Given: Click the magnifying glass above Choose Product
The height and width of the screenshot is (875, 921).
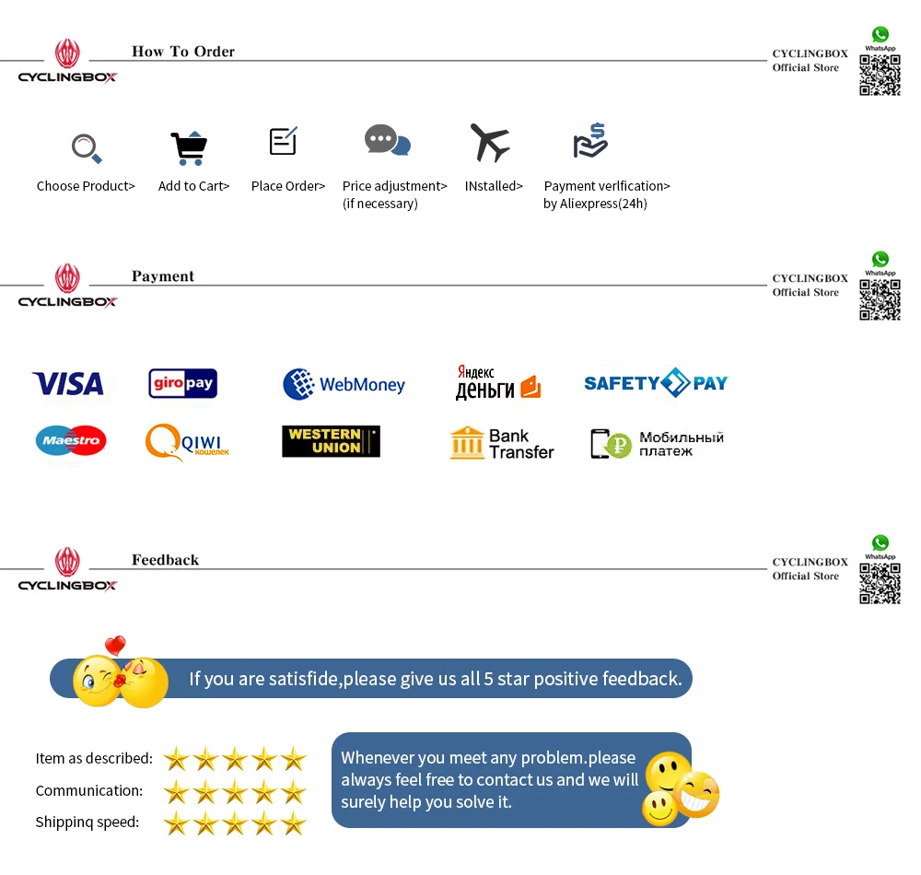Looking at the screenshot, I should (87, 147).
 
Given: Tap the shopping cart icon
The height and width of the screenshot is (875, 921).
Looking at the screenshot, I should (189, 147).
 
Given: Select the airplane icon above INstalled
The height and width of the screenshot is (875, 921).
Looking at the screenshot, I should (490, 143).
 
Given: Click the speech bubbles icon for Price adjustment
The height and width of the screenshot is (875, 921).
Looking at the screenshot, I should (387, 141).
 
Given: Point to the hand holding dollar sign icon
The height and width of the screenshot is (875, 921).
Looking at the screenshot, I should (590, 141).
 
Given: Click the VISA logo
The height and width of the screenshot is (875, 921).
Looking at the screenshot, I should (68, 383).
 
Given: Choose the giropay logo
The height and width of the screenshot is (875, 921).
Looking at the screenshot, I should (182, 383).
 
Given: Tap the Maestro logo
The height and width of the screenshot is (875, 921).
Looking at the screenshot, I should (71, 441).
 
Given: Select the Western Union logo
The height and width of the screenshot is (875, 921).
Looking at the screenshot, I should (331, 441).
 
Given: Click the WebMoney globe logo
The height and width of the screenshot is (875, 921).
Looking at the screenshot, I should (298, 384).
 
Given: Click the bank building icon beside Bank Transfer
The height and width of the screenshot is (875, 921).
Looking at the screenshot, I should (467, 443).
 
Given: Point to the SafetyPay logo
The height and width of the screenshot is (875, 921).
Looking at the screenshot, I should (656, 383).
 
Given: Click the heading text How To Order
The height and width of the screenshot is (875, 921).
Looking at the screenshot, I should (183, 52).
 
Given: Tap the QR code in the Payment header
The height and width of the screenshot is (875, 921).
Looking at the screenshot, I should (880, 299).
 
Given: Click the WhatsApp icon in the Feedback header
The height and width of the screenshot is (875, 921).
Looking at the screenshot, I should (880, 543).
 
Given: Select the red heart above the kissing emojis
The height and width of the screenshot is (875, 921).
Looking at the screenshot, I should (115, 646).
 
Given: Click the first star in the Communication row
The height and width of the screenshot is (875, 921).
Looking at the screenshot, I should (176, 791).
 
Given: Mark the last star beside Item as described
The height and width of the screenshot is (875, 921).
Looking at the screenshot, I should (293, 759).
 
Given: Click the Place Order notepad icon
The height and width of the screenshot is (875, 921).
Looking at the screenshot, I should (283, 141).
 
